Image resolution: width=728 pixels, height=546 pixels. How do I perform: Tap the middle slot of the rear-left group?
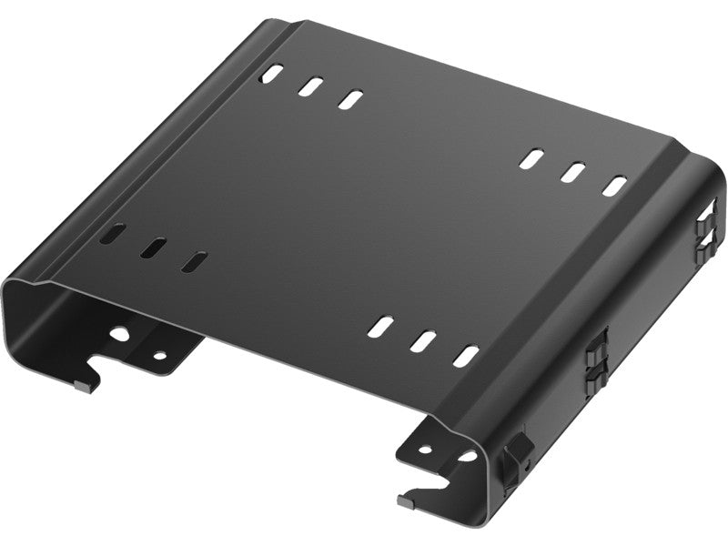pyautogui.click(x=310, y=86)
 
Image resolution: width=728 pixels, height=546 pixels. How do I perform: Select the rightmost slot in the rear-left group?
pyautogui.click(x=349, y=98)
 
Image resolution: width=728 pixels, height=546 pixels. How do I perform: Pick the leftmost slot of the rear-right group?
pyautogui.click(x=530, y=158)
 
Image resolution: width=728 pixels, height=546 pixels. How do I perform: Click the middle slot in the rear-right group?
pyautogui.click(x=572, y=171)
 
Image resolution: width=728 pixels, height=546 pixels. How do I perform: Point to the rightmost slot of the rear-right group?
pyautogui.click(x=616, y=185)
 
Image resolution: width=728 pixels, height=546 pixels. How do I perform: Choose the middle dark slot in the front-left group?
pyautogui.click(x=153, y=248)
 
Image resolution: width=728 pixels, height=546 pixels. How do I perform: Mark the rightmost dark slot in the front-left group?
pyautogui.click(x=191, y=261)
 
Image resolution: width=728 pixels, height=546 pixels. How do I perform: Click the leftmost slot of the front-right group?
pyautogui.click(x=381, y=326)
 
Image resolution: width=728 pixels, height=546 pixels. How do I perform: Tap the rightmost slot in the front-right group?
pyautogui.click(x=466, y=356)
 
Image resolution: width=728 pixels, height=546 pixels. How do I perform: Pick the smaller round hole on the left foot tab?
pyautogui.click(x=160, y=356)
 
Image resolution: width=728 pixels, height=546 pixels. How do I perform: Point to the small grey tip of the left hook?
pyautogui.click(x=85, y=385)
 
